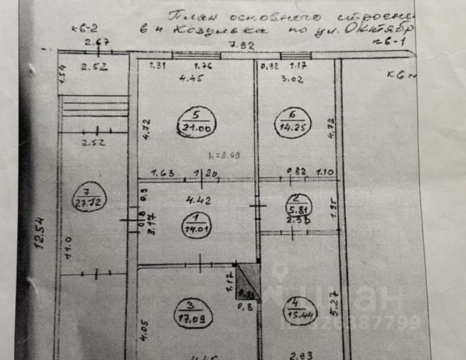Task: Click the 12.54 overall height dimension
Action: (44, 232)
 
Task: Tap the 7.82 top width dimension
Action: (237, 46)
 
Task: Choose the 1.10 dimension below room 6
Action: (324, 173)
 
